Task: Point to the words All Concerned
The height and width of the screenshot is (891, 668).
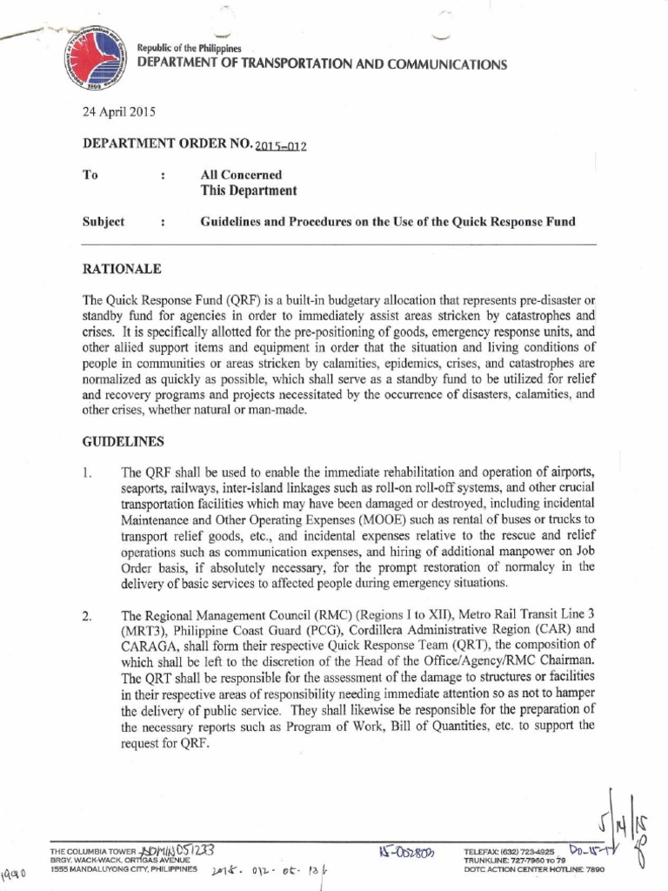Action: pyautogui.click(x=241, y=175)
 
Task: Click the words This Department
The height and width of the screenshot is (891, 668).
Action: pyautogui.click(x=248, y=191)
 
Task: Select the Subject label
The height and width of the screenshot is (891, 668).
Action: pyautogui.click(x=104, y=222)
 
